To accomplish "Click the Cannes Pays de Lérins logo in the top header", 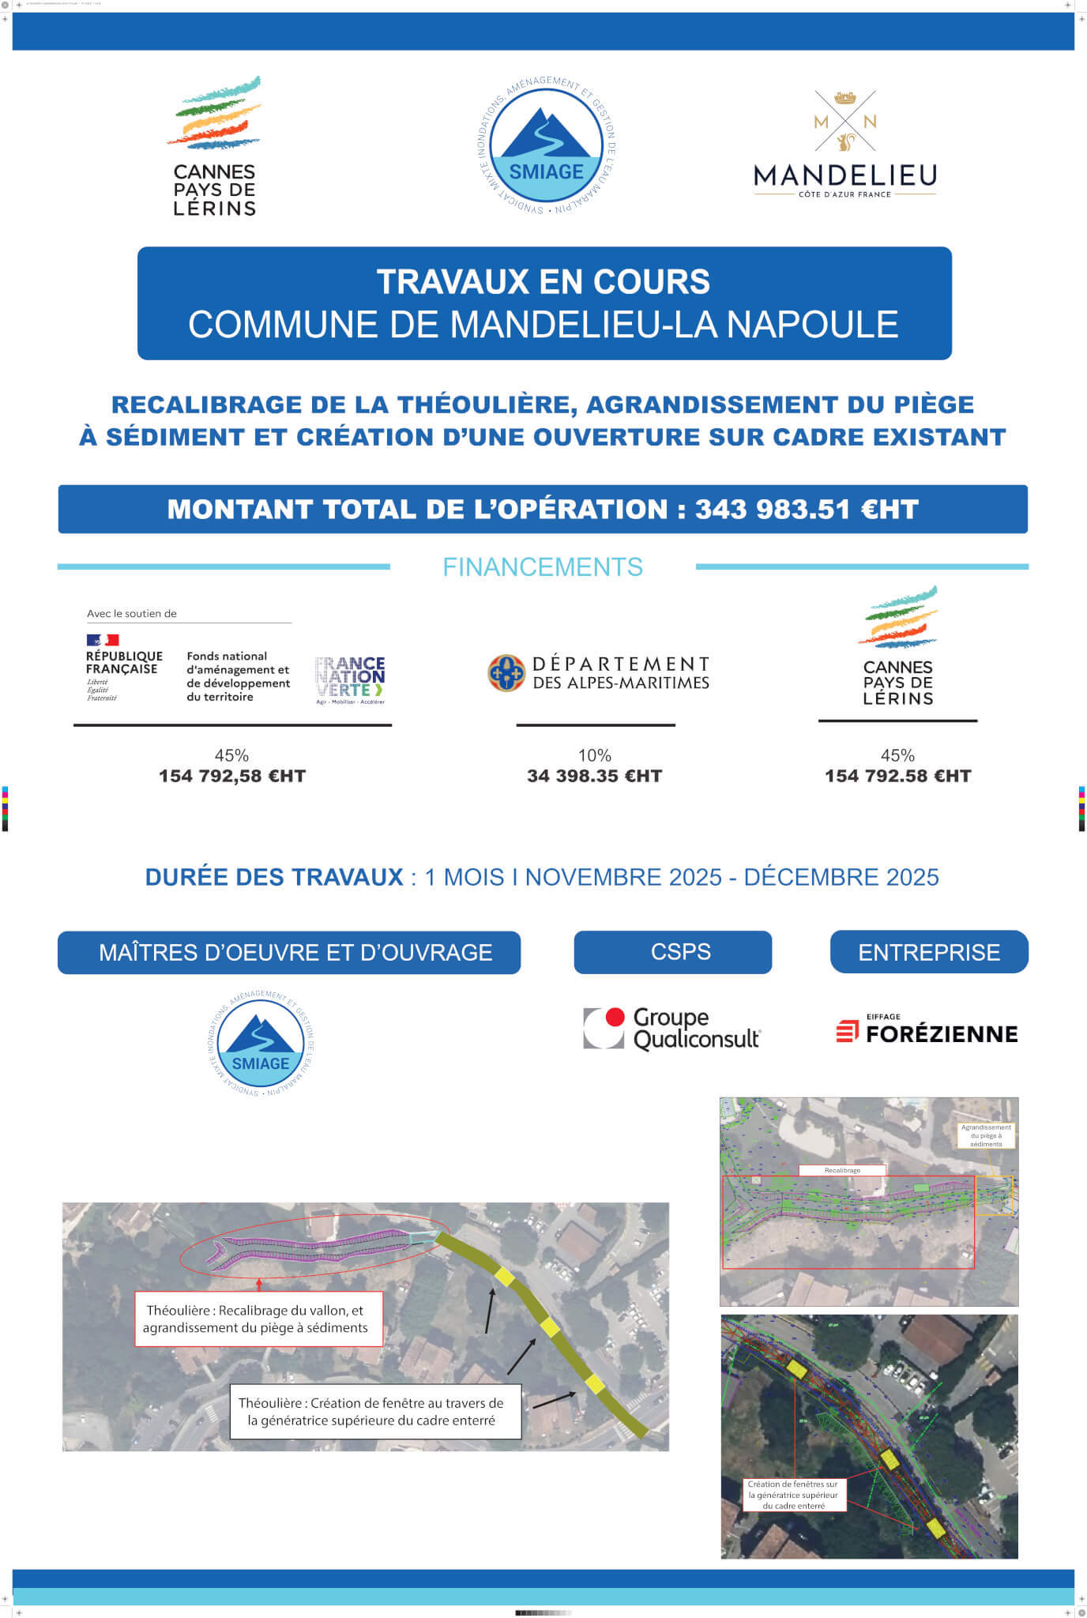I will (215, 147).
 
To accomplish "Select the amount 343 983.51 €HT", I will (807, 510).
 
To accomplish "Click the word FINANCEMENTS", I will (543, 567).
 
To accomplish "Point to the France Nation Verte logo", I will (350, 679).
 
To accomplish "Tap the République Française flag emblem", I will (103, 640).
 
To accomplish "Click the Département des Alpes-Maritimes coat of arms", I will (506, 673).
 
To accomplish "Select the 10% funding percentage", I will (594, 755).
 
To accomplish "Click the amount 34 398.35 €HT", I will (594, 777).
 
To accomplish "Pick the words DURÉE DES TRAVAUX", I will (274, 877).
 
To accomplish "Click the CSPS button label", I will (680, 952).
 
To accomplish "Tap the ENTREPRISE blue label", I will (929, 952).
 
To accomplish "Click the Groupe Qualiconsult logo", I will (672, 1029).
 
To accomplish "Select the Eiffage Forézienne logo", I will (927, 1030).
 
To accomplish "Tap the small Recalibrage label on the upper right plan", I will (842, 1170).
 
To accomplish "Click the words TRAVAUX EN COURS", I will (543, 282).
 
